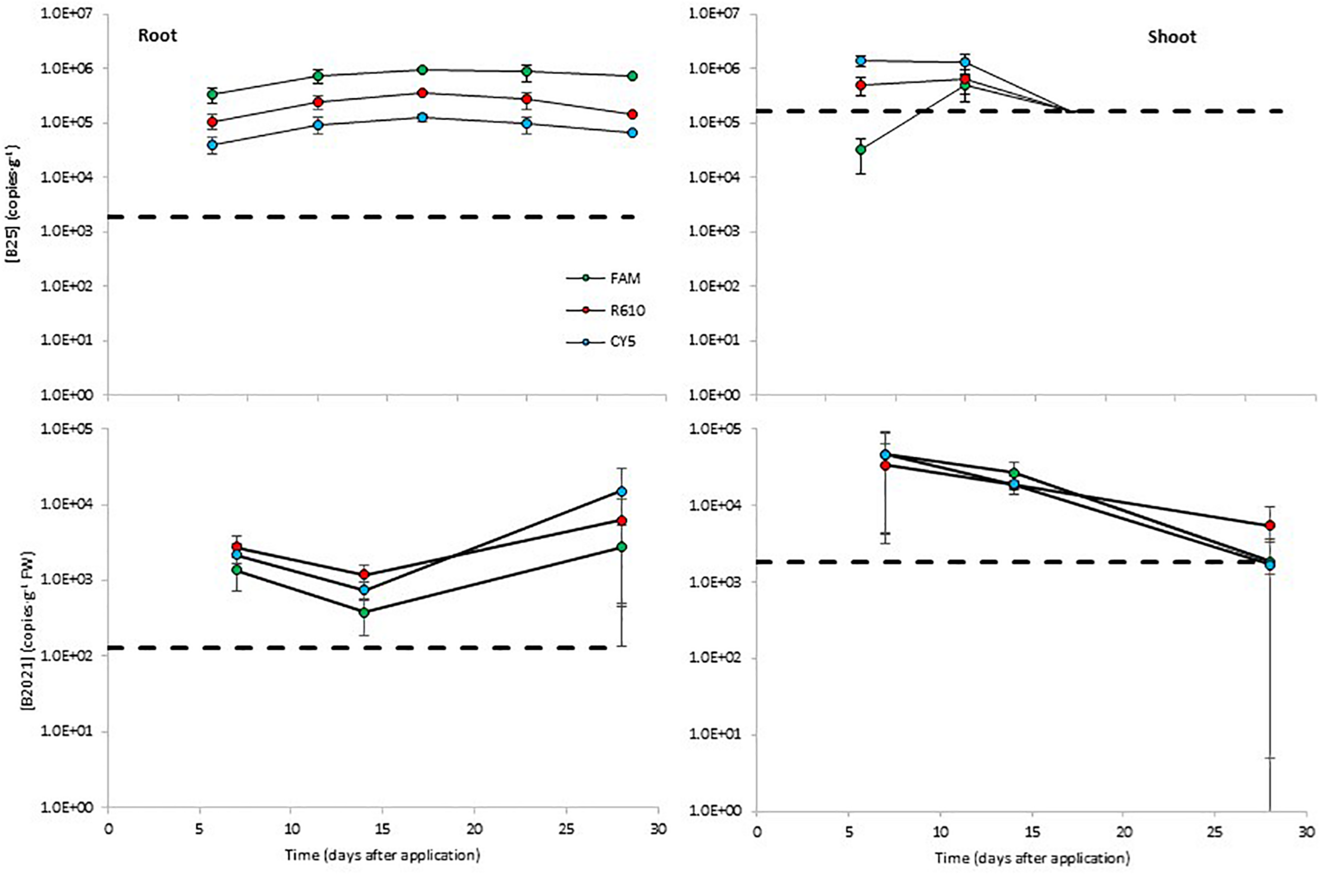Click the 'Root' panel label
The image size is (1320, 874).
pos(158,36)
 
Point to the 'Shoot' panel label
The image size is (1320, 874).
pos(1172,37)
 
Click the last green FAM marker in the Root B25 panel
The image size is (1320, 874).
pos(633,76)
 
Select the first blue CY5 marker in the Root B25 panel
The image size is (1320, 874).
pos(212,145)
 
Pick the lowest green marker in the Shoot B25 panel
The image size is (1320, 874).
pos(861,149)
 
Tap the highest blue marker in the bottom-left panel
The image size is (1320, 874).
pos(621,491)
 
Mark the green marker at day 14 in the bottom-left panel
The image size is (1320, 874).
pos(364,612)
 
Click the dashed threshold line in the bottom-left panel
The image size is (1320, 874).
pos(356,647)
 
